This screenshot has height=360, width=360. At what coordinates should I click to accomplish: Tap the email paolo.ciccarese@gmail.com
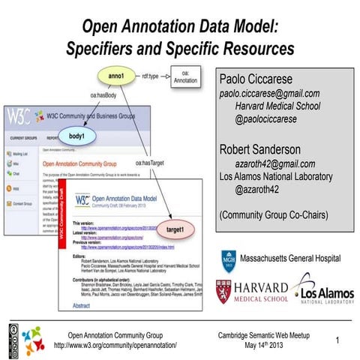269,94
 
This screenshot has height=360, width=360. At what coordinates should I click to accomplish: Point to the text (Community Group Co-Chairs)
273,215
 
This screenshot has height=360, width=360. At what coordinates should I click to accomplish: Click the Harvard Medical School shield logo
229,293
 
